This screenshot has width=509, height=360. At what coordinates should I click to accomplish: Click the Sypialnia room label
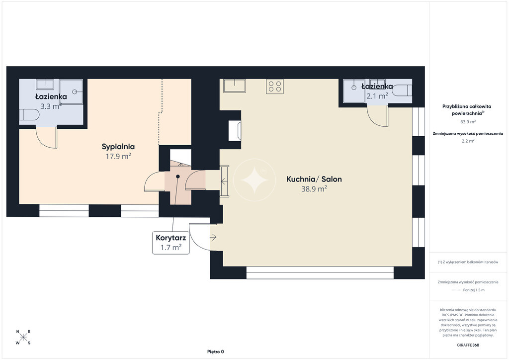[118, 147]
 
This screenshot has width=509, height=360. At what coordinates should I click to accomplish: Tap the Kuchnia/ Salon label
[314, 179]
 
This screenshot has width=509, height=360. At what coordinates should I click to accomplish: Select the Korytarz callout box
[171, 243]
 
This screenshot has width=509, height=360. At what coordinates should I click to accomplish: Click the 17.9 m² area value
[118, 157]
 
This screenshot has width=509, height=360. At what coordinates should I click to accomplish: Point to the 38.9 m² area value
[314, 189]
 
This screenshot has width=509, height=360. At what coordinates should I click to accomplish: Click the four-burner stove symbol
[274, 87]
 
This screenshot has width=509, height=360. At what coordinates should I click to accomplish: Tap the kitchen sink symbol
[235, 86]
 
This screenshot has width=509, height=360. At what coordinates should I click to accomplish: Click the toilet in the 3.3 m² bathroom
[29, 115]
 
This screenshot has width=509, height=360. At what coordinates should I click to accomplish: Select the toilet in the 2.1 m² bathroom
[402, 90]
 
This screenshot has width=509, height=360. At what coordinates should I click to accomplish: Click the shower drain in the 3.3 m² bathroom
[75, 92]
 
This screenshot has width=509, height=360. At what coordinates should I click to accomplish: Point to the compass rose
[23, 337]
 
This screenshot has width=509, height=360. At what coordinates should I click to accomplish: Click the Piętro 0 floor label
[216, 352]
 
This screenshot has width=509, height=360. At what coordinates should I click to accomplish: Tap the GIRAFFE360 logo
[468, 345]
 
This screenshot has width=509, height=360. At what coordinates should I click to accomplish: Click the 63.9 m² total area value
[468, 122]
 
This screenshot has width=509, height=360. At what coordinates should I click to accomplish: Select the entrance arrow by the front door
[213, 238]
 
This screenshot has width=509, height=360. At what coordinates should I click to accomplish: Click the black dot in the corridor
[178, 177]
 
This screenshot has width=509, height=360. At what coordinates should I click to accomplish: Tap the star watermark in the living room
[254, 180]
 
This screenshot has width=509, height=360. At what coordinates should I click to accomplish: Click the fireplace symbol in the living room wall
[235, 130]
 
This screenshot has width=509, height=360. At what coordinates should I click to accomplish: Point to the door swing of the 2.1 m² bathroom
[377, 116]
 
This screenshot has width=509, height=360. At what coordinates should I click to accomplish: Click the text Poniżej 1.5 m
[474, 290]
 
